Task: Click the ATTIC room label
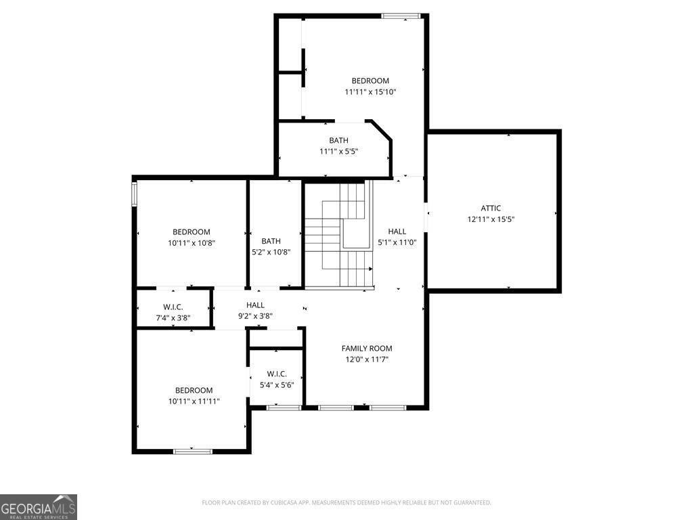tap(491, 209)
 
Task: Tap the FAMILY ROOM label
tap(366, 349)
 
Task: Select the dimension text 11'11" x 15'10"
tap(370, 92)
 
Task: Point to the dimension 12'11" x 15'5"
tap(491, 219)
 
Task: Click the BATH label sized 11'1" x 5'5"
tap(338, 141)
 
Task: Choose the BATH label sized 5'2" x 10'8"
tap(271, 241)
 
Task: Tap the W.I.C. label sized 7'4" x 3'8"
tap(173, 307)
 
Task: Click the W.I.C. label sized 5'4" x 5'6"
tap(277, 374)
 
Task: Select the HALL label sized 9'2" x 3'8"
tap(255, 305)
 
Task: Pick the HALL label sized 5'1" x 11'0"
tap(397, 232)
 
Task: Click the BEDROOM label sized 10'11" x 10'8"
tap(191, 232)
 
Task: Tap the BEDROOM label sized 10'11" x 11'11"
tap(194, 390)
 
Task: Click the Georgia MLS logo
tap(39, 507)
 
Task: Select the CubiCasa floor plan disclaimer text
tap(346, 502)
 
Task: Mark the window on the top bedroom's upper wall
tap(401, 16)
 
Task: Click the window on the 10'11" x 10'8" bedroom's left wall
tap(135, 194)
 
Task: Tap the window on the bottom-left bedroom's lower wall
tap(193, 451)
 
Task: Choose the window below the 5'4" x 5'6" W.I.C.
tap(284, 408)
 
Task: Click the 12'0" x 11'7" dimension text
tap(366, 360)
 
